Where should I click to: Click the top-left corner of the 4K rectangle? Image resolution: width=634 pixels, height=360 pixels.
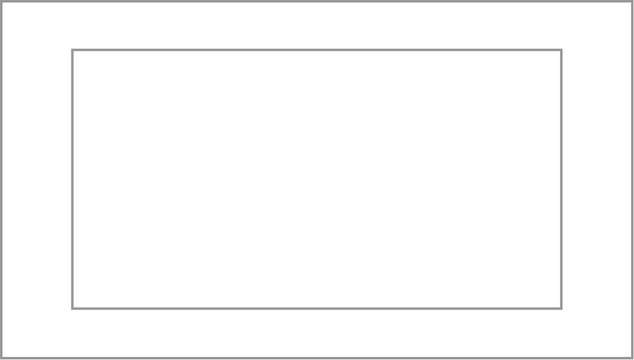coord(72,50)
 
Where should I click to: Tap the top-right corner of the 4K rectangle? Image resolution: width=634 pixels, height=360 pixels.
coord(561,50)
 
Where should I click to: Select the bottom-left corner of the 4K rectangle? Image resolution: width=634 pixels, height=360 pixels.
coord(72,308)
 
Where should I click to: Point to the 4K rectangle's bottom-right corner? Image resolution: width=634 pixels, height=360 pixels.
coord(561,308)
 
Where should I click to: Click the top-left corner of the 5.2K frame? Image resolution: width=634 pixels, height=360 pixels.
coord(1,1)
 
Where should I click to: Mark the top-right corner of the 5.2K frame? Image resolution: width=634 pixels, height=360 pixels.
coord(632,1)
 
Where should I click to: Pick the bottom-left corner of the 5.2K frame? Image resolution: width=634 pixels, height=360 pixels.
coord(1,358)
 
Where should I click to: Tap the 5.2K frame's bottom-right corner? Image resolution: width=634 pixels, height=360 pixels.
coord(632,358)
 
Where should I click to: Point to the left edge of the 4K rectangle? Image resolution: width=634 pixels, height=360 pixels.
coord(72,179)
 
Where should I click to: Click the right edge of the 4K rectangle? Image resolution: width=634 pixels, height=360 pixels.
coord(561,179)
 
